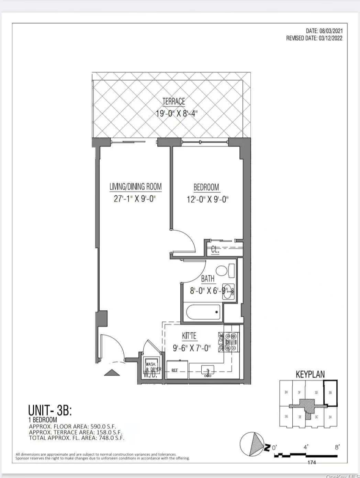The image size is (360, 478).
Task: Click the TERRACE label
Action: (173, 101)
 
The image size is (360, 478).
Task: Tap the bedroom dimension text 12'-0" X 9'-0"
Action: (207, 199)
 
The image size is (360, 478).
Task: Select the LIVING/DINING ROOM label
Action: (135, 187)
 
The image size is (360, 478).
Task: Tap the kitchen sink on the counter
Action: (207, 371)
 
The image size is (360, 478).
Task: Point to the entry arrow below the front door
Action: (112, 373)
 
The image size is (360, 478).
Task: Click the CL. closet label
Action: (215, 250)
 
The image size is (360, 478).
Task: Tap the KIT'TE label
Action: (189, 335)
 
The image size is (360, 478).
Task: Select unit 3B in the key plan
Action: (331, 393)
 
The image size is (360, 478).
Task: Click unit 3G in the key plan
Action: (286, 417)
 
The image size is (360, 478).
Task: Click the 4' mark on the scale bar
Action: (306, 447)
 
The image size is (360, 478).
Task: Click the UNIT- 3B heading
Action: (50, 410)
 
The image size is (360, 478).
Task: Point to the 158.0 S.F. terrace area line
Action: (76, 432)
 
